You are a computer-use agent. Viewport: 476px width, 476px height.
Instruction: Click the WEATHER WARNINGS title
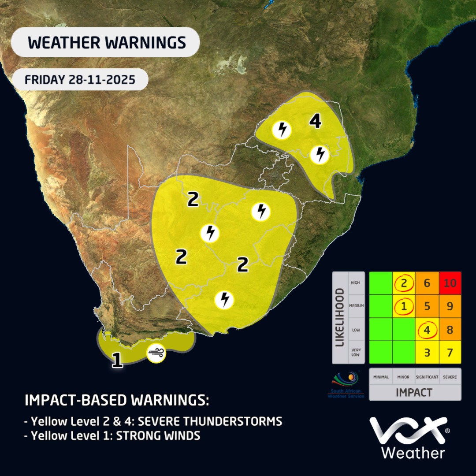pos(106,42)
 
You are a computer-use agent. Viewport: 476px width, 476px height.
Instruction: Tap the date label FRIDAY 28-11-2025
pos(80,80)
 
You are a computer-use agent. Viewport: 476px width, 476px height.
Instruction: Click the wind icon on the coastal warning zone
pos(156,353)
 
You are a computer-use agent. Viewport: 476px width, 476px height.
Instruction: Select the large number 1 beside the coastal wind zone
pos(117,360)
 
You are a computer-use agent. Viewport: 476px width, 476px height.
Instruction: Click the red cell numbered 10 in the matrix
pos(450,283)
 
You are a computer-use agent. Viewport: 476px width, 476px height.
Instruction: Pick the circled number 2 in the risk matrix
pos(404,283)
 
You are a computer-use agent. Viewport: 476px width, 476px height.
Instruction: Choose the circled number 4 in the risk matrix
pos(427,329)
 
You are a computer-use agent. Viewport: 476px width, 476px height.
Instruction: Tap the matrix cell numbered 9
pos(450,306)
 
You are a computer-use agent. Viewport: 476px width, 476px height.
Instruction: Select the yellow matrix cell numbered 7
pos(450,352)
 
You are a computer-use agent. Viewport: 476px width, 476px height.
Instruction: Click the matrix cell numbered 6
pos(427,283)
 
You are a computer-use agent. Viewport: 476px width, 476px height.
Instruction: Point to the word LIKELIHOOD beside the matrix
pos(340,317)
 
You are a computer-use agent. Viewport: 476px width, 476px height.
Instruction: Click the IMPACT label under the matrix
pos(415,392)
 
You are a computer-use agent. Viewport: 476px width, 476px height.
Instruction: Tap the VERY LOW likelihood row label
pos(355,352)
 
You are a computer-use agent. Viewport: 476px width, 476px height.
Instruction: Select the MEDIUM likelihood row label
pos(355,306)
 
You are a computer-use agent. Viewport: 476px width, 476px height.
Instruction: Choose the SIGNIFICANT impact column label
pos(427,377)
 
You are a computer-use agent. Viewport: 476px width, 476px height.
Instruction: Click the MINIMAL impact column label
pos(381,377)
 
